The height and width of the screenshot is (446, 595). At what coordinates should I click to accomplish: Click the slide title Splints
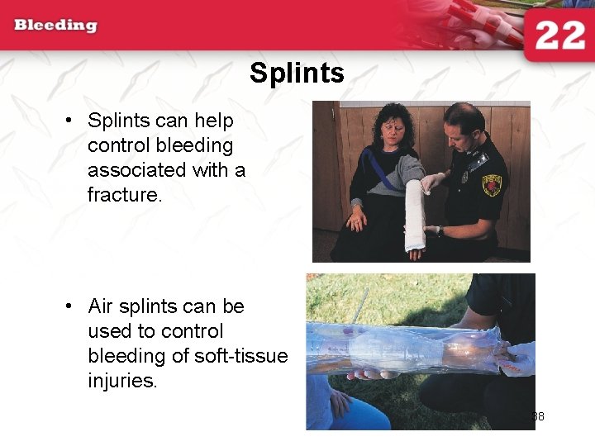point(297,74)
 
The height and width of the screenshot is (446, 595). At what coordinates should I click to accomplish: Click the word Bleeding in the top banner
point(55,25)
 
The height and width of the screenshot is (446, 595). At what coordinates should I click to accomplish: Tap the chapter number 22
point(559,37)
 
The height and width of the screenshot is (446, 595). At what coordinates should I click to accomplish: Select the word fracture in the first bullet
point(123,195)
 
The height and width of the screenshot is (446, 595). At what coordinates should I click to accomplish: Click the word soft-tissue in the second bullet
point(241,356)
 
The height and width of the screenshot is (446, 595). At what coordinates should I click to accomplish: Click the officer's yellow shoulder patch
point(493,184)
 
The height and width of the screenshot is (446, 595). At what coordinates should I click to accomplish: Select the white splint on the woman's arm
point(414,213)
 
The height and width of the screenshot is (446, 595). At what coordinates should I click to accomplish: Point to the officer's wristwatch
point(440,231)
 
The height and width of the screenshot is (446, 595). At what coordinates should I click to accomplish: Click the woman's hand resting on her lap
point(357,221)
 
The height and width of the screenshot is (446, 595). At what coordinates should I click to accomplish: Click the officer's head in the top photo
point(462,125)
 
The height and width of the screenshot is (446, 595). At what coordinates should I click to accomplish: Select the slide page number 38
point(538,416)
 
